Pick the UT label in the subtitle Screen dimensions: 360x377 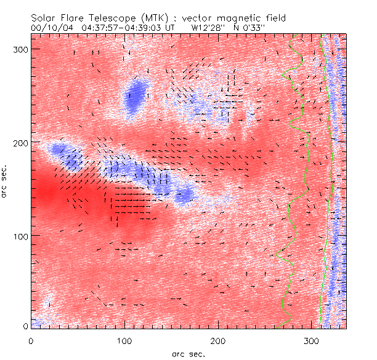(x=171, y=28)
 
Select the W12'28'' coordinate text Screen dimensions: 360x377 (x=206, y=28)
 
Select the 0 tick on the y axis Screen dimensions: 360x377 (x=25, y=326)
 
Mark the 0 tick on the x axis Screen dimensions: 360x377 (x=31, y=340)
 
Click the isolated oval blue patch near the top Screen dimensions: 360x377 (x=134, y=96)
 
